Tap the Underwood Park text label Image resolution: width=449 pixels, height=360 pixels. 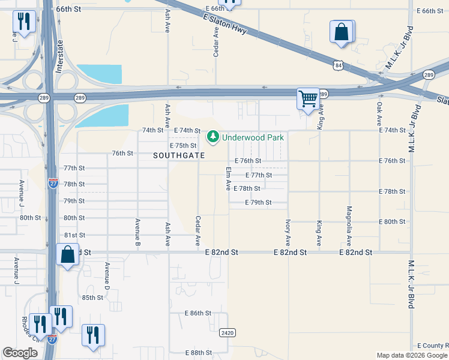click(x=253, y=137)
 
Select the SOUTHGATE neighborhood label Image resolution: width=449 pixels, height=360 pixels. click(x=179, y=155)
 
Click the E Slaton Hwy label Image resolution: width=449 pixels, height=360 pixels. click(x=225, y=25)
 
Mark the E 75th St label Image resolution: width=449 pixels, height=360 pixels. click(x=183, y=146)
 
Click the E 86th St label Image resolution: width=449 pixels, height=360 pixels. click(x=198, y=313)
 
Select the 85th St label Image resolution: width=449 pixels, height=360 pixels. click(x=93, y=298)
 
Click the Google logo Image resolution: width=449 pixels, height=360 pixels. click(x=20, y=353)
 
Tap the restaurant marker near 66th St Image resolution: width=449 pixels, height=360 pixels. click(x=23, y=23)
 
